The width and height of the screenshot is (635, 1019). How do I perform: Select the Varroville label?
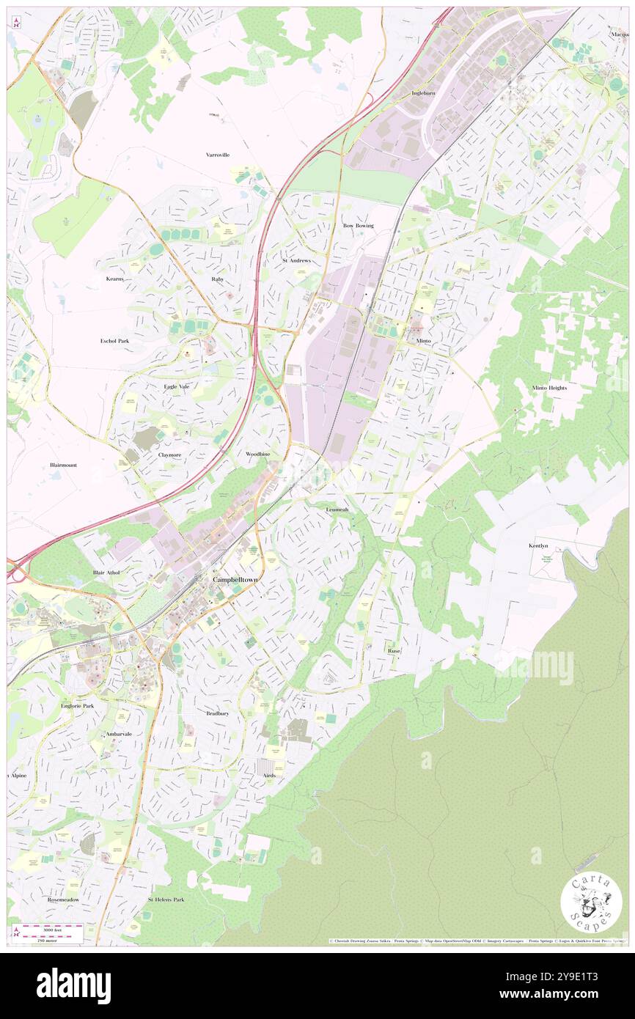click(x=218, y=155)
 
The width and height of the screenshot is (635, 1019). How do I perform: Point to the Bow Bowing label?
click(x=359, y=226)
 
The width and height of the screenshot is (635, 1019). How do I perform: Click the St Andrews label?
click(x=296, y=260)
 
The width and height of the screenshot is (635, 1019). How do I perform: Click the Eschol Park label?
click(x=114, y=341)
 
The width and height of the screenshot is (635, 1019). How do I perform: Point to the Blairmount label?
click(x=63, y=465)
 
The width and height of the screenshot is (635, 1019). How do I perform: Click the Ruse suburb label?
click(x=394, y=650)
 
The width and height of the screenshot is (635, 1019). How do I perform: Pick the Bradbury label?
click(x=217, y=713)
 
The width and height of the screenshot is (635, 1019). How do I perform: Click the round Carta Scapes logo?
click(x=591, y=902)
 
